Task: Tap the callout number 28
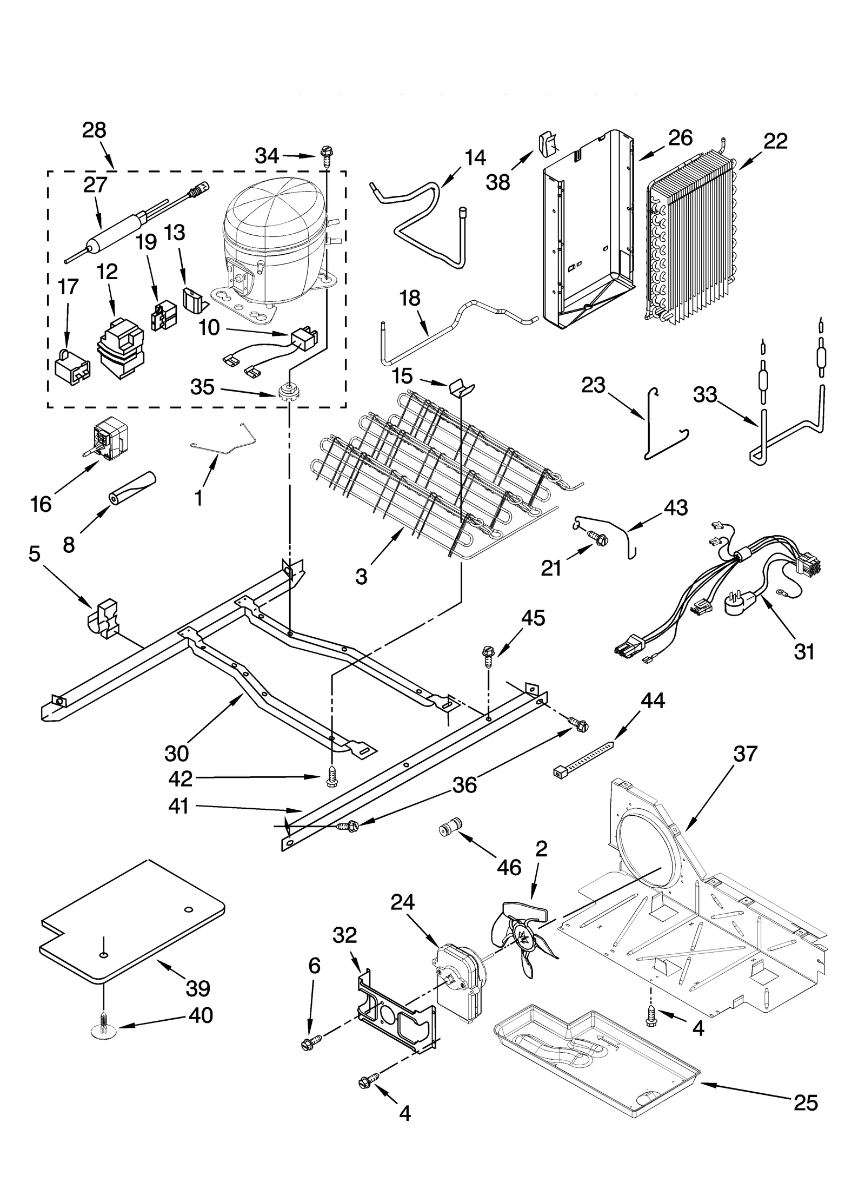pos(94,130)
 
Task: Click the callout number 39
pos(198,988)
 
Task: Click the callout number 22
pos(775,141)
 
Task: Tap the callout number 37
pos(745,754)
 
